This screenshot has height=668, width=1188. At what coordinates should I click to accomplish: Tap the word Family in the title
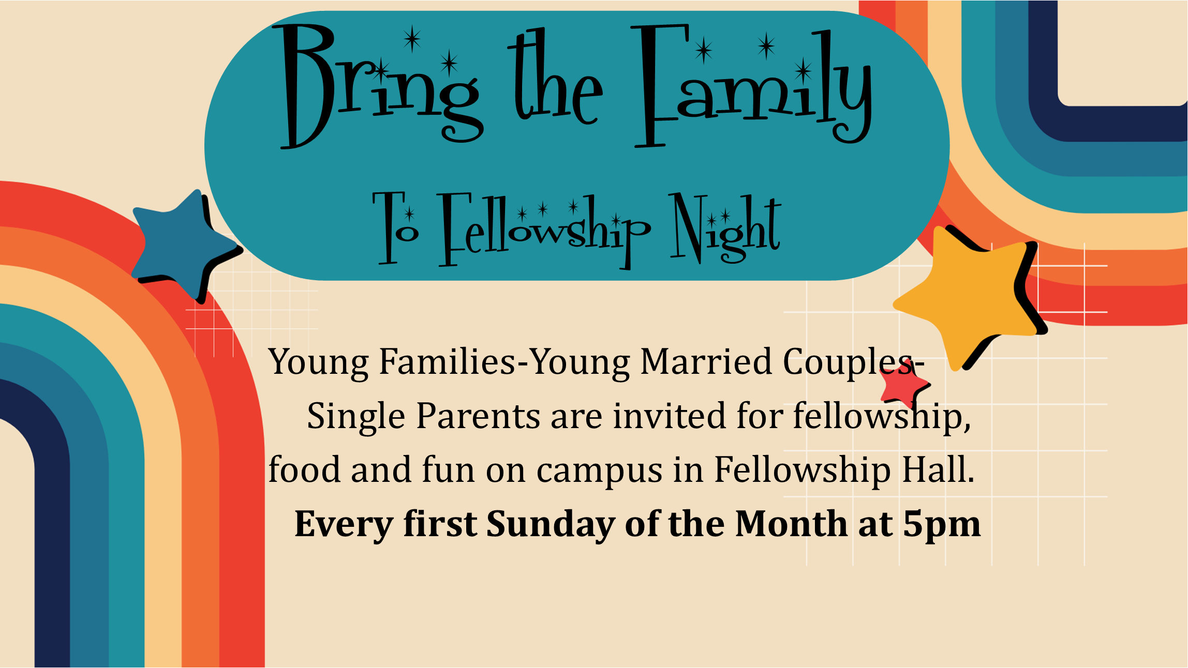coord(753,85)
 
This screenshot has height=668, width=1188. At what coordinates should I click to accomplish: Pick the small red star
coord(903,385)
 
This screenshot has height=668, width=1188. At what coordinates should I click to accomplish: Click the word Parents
coord(479,416)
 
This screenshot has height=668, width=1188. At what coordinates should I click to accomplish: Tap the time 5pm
coord(942,525)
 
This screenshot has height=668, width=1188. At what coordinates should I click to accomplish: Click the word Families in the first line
coord(448,361)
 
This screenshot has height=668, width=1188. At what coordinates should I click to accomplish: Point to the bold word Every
coord(344,525)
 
